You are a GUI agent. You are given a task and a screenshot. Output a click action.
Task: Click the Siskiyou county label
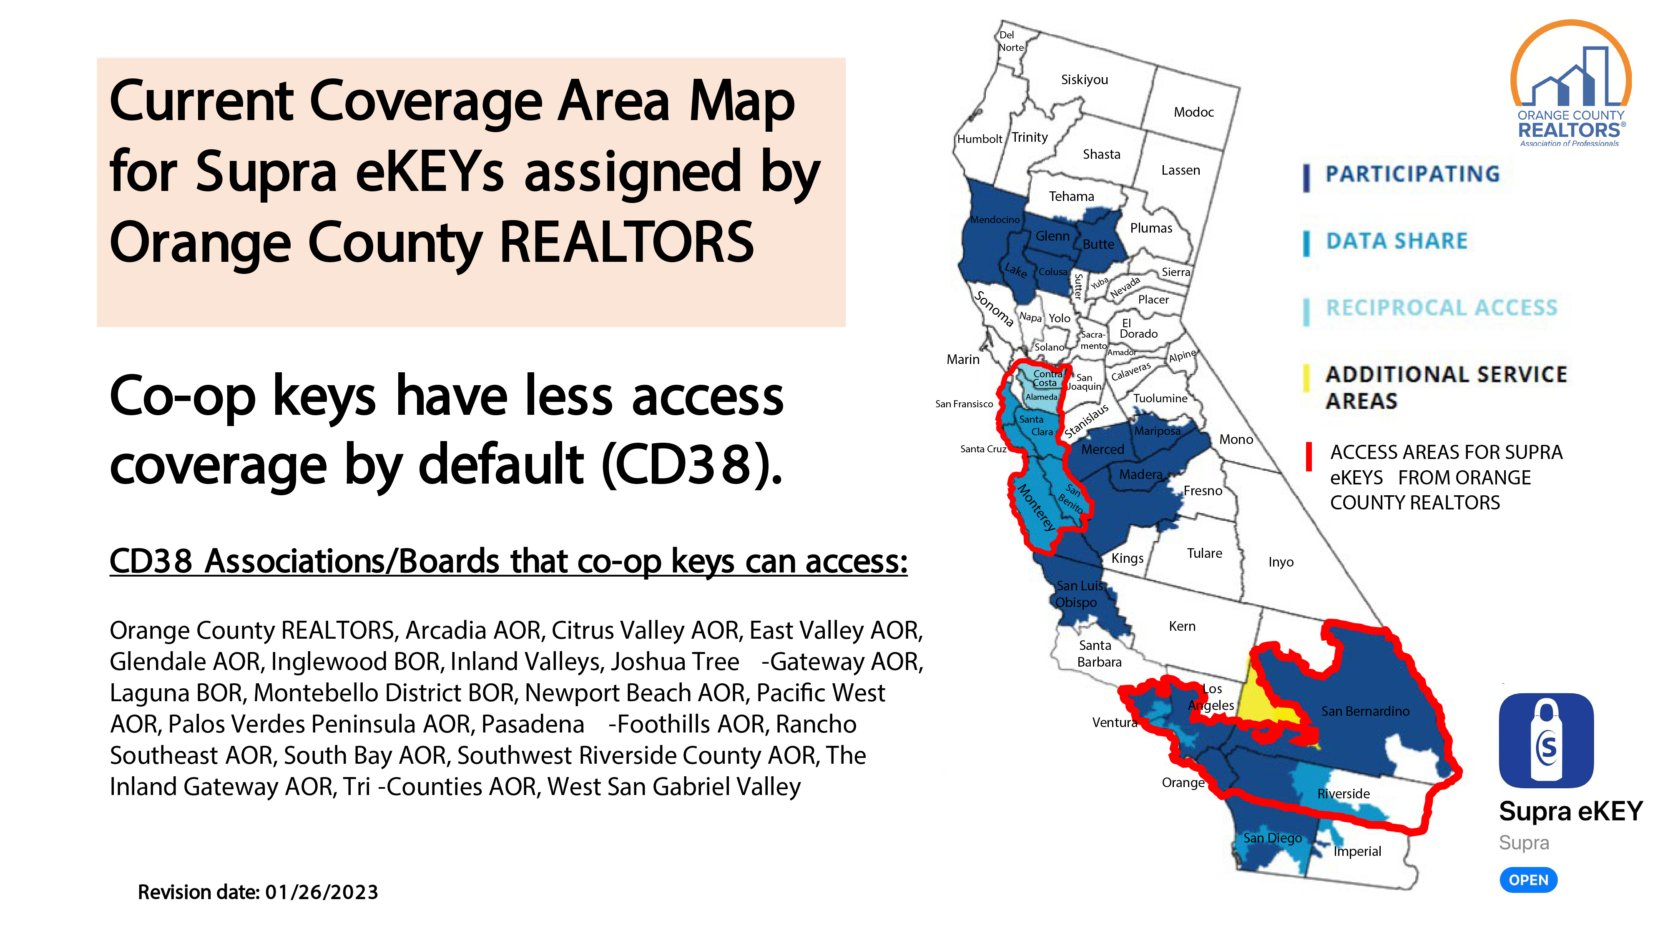1085,80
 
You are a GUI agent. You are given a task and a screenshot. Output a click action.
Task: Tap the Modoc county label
1193,112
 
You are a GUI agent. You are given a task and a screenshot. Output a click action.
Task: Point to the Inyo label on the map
1281,562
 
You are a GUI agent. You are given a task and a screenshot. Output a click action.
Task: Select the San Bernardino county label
1365,711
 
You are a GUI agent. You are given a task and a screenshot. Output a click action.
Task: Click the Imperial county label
1357,851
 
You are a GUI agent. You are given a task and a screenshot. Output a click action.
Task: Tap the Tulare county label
1204,553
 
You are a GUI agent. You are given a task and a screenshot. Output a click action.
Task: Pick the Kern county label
1182,626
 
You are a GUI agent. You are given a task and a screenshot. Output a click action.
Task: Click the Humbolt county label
980,138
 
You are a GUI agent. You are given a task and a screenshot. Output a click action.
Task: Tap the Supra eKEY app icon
1546,740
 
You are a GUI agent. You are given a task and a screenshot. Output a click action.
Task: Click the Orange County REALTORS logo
1570,83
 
